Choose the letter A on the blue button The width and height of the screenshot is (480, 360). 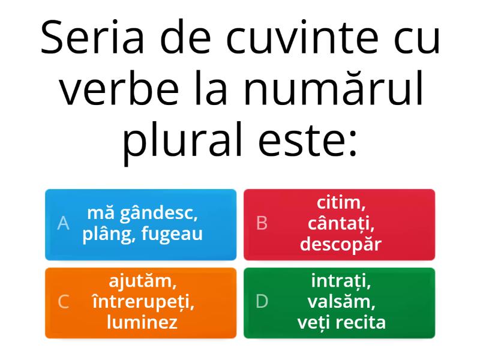pos(63,223)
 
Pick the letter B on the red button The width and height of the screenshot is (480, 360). pos(262,223)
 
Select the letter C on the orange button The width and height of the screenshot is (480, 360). pos(63,302)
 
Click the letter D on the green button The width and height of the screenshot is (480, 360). pos(262,302)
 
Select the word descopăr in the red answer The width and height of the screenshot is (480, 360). pos(341,244)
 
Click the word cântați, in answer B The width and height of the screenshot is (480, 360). pos(341,223)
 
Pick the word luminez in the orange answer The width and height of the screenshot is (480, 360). pos(142,323)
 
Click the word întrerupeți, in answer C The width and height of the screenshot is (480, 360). pos(142,301)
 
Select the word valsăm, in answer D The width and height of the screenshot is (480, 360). pos(341,301)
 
